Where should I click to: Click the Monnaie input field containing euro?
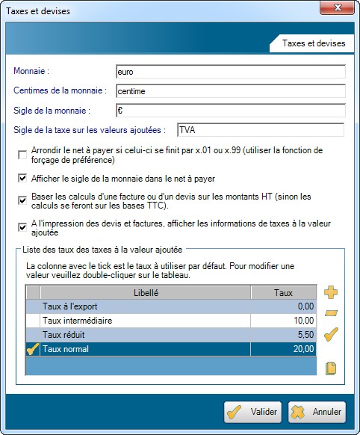tap(230, 72)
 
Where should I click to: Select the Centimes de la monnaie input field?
tap(230, 91)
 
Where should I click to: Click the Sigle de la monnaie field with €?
tap(230, 111)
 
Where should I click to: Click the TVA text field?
tap(260, 130)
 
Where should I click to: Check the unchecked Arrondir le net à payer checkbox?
tap(22, 155)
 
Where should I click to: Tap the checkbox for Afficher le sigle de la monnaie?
tap(22, 179)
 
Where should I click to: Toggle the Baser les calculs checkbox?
tap(22, 200)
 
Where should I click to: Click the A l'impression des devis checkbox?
tap(22, 227)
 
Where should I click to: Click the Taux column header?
tap(283, 294)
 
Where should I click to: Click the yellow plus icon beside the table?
tap(332, 293)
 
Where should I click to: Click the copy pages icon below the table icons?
tap(332, 368)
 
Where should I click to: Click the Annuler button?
tap(317, 411)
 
